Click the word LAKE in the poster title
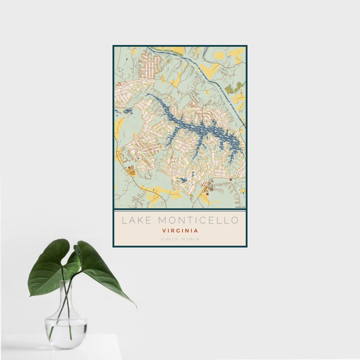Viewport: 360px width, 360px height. [136, 221]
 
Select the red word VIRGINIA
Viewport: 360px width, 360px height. [180, 231]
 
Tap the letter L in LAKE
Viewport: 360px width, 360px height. [123, 221]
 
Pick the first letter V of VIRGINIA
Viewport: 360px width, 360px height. [163, 231]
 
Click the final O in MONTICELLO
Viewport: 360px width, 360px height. [236, 221]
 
